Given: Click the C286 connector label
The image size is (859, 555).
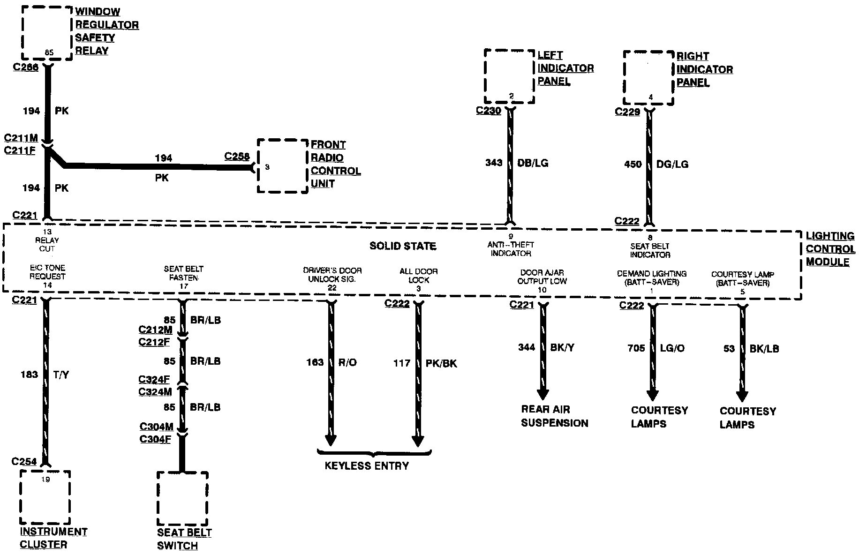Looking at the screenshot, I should [x=26, y=67].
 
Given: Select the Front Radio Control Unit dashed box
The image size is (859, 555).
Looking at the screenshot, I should [x=282, y=165].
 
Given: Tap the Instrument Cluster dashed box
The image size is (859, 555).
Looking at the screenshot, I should [x=45, y=497].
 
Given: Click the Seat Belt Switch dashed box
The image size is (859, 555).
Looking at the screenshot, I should [x=182, y=499].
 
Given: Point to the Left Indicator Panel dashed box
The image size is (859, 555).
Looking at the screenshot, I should [x=509, y=76].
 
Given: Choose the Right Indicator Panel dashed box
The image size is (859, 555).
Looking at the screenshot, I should [x=648, y=77].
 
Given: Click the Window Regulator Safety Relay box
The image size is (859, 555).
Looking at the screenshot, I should [x=47, y=33].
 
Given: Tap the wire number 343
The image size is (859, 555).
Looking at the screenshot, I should [x=494, y=163].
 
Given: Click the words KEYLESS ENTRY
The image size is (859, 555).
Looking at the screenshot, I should [x=367, y=466].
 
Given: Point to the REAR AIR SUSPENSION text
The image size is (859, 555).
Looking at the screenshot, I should [x=554, y=416].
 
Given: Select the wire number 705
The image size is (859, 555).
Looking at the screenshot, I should [x=636, y=348].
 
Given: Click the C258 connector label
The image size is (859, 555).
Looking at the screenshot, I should [x=237, y=156].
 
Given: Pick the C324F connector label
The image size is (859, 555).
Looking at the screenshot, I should [x=154, y=379].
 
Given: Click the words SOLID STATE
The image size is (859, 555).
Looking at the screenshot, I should [x=403, y=246].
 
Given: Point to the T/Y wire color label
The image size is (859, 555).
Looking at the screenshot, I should [x=61, y=375].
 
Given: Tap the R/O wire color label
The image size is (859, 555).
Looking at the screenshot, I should [x=347, y=362].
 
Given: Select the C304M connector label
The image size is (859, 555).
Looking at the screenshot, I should [x=156, y=427].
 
